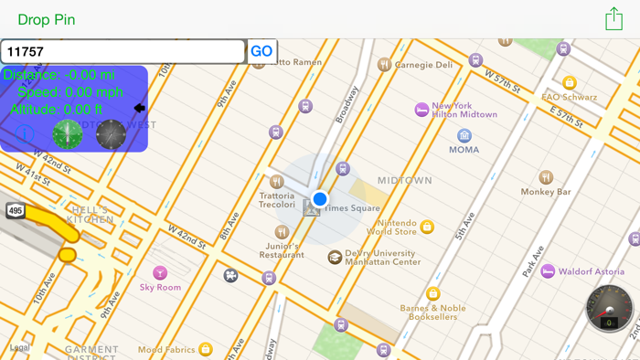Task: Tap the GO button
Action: coord(261,52)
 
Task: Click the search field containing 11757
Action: coord(123,52)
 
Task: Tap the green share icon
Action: coord(613,19)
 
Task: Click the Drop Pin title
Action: coord(47,19)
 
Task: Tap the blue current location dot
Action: coord(319,199)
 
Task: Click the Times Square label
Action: coord(352,208)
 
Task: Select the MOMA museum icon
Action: coord(464,135)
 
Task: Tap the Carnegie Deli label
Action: coord(423,65)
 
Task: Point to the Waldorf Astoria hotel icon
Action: coord(548,271)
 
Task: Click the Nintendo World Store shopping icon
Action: coord(427,227)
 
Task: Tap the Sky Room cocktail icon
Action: coord(160,272)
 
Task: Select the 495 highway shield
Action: coord(16,211)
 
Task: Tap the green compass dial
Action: coord(68,134)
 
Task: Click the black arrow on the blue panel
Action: coord(139,108)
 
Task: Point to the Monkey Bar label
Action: coord(546,192)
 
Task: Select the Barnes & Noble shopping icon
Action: coord(433,294)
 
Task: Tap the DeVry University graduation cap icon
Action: coord(335,258)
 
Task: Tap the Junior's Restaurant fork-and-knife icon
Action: coord(282,232)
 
